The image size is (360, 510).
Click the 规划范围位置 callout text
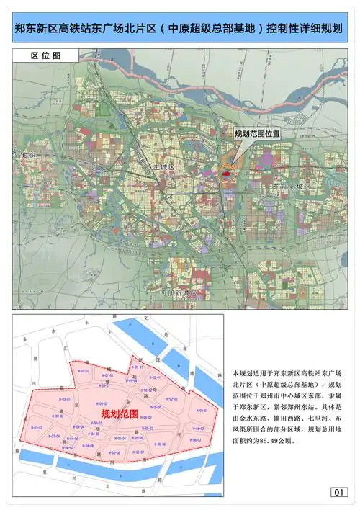[x=257, y=134]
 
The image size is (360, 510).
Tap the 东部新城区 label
[x=291, y=187]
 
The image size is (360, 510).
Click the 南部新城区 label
[x=179, y=293]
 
